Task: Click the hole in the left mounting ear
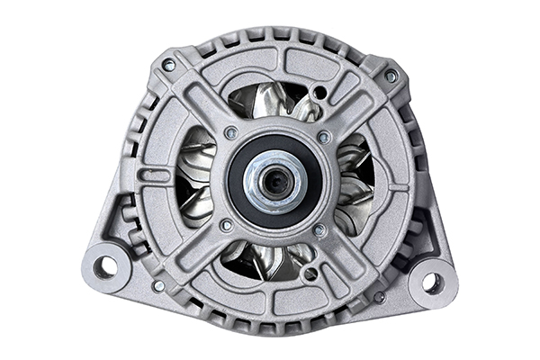(105, 265)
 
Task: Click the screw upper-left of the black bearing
(231, 133)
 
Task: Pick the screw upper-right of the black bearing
(324, 138)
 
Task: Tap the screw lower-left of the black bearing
(226, 225)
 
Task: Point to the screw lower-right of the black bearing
(319, 230)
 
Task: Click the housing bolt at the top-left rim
(168, 65)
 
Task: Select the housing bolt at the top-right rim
(391, 76)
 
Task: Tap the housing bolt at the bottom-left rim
(158, 285)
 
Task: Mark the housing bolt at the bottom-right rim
(380, 296)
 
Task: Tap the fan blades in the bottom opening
(267, 259)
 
